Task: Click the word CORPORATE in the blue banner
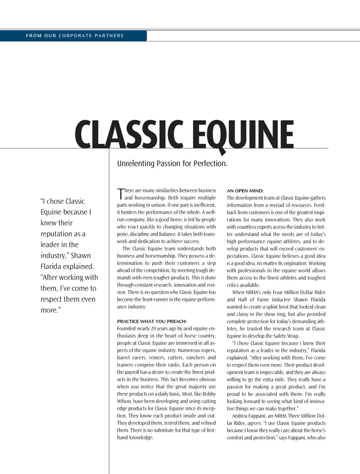coord(75,36)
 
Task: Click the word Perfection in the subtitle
coord(210,164)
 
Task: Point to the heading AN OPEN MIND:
coord(245,191)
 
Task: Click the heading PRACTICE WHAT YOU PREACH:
coord(152,321)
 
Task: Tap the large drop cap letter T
coord(120,194)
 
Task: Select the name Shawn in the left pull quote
coord(81,256)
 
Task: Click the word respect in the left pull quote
coord(53,299)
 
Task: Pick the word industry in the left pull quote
coord(53,256)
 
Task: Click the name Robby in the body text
coord(209,394)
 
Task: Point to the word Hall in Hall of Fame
coord(243,300)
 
